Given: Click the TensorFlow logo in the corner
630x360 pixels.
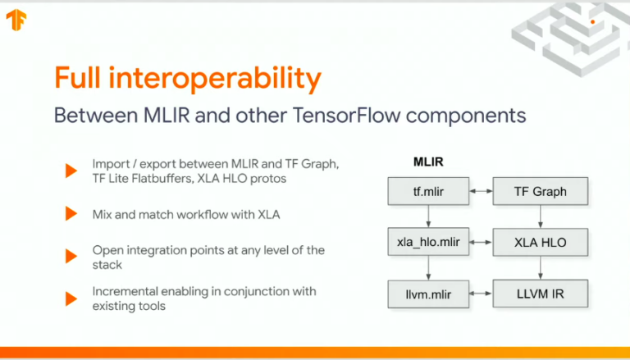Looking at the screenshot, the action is [16, 20].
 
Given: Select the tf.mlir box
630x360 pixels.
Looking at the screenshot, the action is [428, 191].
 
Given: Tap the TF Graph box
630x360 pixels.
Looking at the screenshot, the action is [541, 191].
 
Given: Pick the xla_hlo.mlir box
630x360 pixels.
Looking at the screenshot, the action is [428, 242].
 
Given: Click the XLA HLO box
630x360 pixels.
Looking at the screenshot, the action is [541, 242].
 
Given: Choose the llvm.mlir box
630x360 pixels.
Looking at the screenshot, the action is [428, 294].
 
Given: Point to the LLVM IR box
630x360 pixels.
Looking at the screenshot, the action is [541, 294].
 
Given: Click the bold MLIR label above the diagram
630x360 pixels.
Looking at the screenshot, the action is [428, 162].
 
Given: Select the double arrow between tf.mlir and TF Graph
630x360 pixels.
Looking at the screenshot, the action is [481, 191].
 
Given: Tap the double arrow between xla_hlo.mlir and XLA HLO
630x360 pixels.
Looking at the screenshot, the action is [481, 242].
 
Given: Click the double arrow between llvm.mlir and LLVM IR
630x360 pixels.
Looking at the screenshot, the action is [481, 294].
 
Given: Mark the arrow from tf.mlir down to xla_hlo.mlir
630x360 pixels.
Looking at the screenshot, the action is [428, 216].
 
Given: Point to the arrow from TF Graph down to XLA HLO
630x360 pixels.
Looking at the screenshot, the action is [541, 216].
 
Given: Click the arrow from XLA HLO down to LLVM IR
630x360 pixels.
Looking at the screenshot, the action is [541, 268].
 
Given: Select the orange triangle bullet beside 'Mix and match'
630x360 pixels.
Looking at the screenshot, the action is [71, 214].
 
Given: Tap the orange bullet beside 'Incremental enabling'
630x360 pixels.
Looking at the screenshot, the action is [71, 299].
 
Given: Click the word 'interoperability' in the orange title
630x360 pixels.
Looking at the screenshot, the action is [215, 79].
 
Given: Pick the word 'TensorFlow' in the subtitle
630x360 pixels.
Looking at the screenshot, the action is [347, 116].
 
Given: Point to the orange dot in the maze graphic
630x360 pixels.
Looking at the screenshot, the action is [592, 22].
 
